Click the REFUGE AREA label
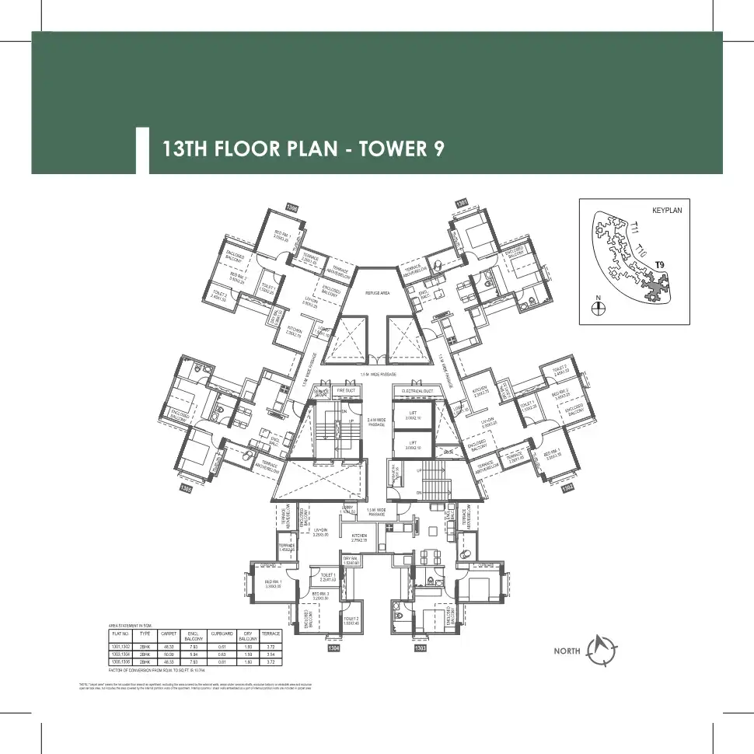(x=377, y=293)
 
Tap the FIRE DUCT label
(x=346, y=391)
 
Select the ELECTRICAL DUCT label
(x=417, y=391)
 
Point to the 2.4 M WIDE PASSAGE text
(x=377, y=421)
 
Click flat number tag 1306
(x=292, y=207)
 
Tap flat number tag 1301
(x=462, y=203)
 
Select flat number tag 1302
(x=568, y=487)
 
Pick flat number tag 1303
(x=421, y=648)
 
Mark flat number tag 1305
(x=186, y=488)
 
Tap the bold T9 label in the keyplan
(x=660, y=266)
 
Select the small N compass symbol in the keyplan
(x=598, y=308)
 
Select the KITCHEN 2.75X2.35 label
(x=358, y=539)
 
